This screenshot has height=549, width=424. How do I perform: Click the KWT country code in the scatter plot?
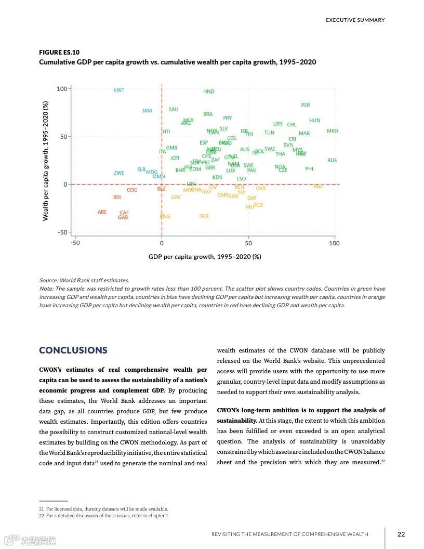point(119,90)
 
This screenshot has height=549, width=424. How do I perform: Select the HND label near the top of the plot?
point(208,91)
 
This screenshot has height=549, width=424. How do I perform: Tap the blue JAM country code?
point(147,111)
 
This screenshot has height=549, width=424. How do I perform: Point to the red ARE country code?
point(102,212)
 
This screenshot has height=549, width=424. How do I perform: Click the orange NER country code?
point(204,216)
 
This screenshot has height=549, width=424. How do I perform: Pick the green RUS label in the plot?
point(332,161)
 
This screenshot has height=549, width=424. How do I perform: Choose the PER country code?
point(306,105)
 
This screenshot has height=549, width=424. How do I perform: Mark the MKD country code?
point(332,131)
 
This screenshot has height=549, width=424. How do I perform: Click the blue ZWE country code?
point(119,173)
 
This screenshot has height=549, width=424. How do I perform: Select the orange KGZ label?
point(319,187)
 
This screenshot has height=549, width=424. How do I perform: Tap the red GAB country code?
point(123,217)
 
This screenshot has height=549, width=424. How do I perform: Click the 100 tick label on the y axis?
point(62,89)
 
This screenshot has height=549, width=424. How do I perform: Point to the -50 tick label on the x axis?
point(75,243)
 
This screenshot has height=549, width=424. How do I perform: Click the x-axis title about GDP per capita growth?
point(205,257)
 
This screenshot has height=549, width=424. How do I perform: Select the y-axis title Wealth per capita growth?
point(46,161)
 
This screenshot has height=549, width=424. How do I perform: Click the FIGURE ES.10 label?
point(59,53)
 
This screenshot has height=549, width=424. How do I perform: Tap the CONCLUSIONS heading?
point(73,350)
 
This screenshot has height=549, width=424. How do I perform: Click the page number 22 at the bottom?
point(401,534)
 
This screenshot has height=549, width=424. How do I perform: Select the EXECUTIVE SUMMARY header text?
point(355,20)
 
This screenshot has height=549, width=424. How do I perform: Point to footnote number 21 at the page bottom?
point(42,509)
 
